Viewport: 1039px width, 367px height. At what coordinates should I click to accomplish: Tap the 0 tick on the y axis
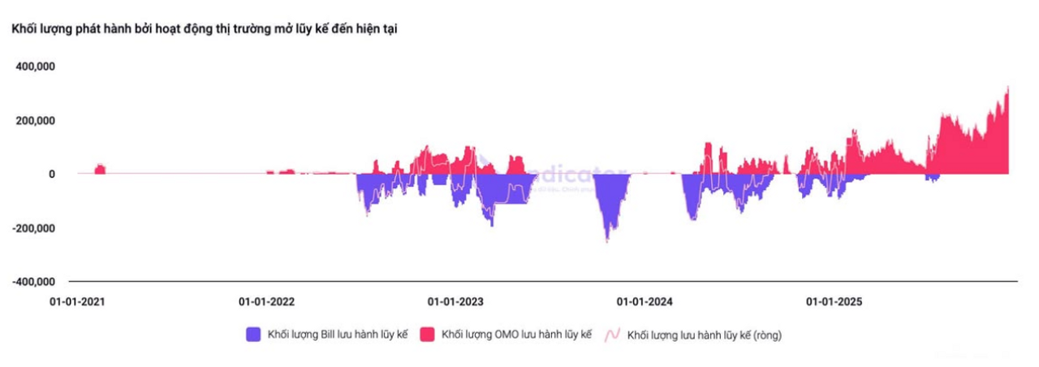tap(51, 174)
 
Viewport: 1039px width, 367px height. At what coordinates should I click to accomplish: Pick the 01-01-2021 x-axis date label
tap(77, 301)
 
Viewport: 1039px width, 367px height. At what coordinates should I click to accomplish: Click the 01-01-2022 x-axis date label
tap(266, 301)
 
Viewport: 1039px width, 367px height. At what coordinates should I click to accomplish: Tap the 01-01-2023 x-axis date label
tap(455, 301)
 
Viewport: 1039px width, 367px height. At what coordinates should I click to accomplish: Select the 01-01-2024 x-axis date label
tap(645, 301)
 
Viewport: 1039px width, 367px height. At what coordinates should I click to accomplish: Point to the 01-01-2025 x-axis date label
tap(834, 301)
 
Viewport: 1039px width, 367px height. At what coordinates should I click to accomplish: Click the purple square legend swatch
tap(253, 334)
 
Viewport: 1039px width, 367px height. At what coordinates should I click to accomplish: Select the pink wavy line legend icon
tap(614, 334)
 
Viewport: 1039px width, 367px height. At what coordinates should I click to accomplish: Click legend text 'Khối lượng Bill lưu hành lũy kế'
tap(337, 335)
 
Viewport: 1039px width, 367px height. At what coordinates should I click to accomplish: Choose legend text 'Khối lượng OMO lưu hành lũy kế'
tap(516, 335)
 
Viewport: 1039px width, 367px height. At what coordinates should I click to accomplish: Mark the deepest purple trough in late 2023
tap(606, 240)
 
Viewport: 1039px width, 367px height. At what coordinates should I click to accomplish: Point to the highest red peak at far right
tap(1007, 88)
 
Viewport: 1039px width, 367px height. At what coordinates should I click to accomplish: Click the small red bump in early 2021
tap(100, 168)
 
